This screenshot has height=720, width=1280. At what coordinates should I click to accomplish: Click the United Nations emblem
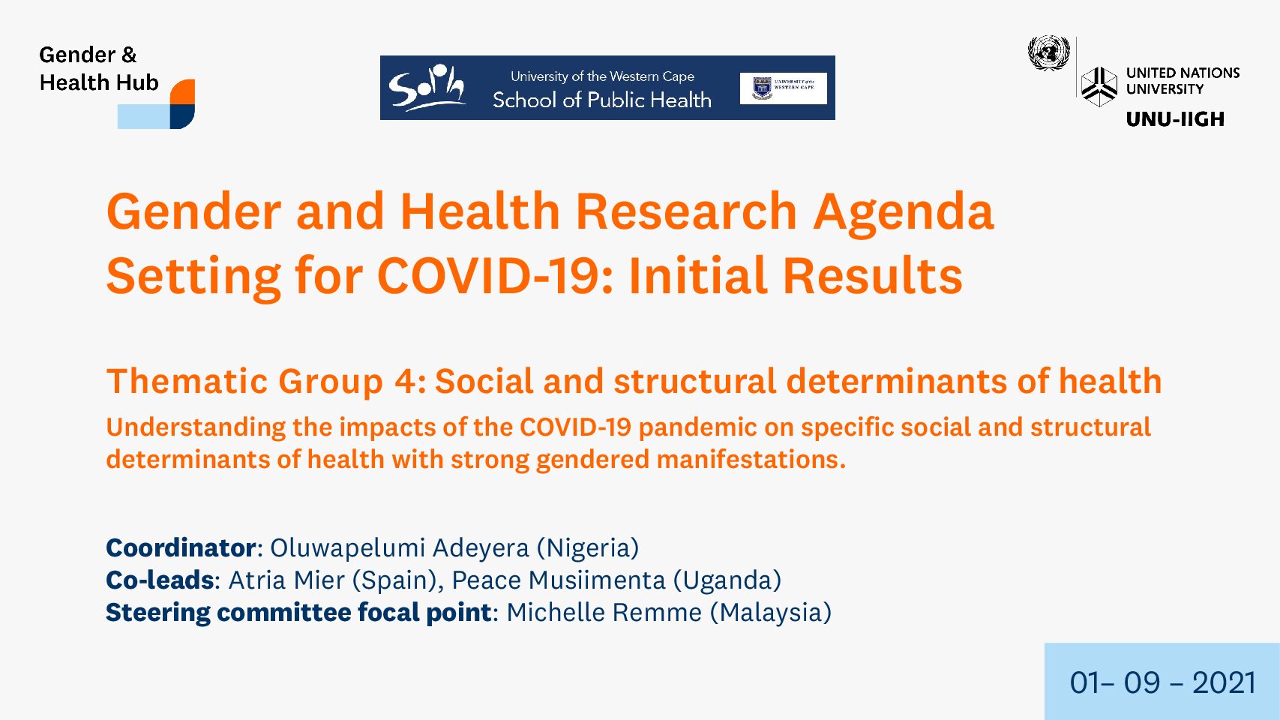(1048, 53)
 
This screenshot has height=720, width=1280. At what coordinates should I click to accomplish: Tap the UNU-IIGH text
(1175, 118)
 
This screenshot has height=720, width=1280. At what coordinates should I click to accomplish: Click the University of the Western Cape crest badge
(762, 88)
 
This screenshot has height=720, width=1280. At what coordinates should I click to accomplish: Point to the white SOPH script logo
(426, 87)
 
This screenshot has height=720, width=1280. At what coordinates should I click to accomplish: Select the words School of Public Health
(601, 100)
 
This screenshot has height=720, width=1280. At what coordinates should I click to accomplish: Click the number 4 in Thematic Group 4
(406, 381)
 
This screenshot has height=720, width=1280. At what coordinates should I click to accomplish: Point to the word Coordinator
(181, 548)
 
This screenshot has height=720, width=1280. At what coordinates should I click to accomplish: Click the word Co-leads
(160, 580)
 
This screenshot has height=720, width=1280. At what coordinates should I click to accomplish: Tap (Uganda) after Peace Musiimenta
(727, 580)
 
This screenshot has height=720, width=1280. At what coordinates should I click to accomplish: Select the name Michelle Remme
(604, 613)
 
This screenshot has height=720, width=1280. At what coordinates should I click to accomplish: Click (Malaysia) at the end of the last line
(771, 613)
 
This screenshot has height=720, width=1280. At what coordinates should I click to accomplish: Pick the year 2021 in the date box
(1224, 682)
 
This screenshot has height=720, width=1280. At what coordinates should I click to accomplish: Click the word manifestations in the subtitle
(751, 460)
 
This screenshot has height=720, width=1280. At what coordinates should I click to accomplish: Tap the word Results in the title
(872, 276)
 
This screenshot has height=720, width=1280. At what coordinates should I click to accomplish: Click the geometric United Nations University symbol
(1099, 87)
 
